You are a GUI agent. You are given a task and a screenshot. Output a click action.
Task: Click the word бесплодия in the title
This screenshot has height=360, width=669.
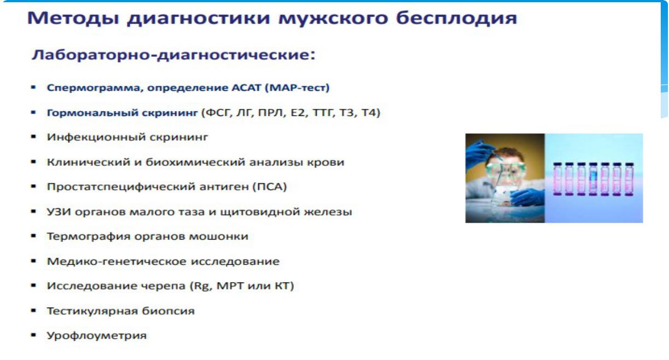pos(456,18)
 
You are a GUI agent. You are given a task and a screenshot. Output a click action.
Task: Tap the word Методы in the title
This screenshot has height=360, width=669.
pos(73,18)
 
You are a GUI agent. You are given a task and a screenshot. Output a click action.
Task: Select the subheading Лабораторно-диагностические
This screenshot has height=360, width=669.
pos(173,55)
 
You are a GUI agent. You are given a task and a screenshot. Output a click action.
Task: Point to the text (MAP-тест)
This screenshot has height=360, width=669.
pos(297,88)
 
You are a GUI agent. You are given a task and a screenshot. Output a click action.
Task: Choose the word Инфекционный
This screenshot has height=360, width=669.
pos(96,137)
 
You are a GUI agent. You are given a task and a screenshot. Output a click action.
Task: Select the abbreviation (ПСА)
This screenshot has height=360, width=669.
pos(270,187)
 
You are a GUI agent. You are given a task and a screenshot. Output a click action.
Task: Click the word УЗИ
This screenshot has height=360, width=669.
pos(59,212)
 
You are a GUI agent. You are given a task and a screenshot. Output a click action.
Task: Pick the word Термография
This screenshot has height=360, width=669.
pos(89,236)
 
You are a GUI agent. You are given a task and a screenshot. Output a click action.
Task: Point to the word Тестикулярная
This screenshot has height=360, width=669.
pos(92,311)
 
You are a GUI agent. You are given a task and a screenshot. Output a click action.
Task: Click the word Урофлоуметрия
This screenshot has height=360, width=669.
pos(97,336)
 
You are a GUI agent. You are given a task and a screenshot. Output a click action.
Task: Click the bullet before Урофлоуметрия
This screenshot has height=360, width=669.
pos(33,335)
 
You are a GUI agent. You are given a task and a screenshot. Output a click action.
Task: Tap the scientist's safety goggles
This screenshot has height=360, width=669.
pos(505,169)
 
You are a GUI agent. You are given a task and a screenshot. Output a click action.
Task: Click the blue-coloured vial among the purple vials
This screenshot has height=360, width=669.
pos(593,179)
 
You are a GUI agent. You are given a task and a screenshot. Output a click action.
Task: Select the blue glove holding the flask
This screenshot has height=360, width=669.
pos(527,197)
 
